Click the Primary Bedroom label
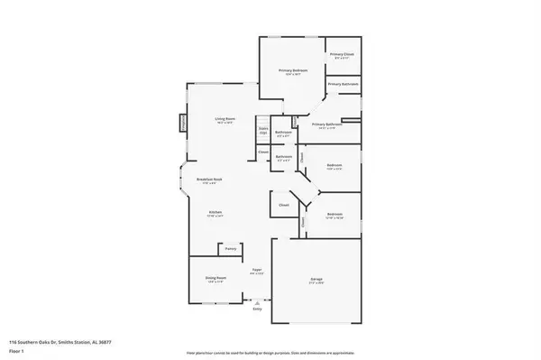click(x=292, y=72)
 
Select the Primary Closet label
click(x=342, y=57)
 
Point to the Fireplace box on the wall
click(x=183, y=122)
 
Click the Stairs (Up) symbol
click(x=263, y=132)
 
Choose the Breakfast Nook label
click(x=210, y=180)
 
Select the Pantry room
click(x=231, y=247)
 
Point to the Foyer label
click(x=257, y=272)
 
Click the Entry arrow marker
click(x=257, y=304)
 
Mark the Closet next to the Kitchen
click(x=283, y=206)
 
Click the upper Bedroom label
click(x=334, y=167)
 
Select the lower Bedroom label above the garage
click(x=334, y=217)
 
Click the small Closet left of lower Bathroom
click(x=262, y=152)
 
